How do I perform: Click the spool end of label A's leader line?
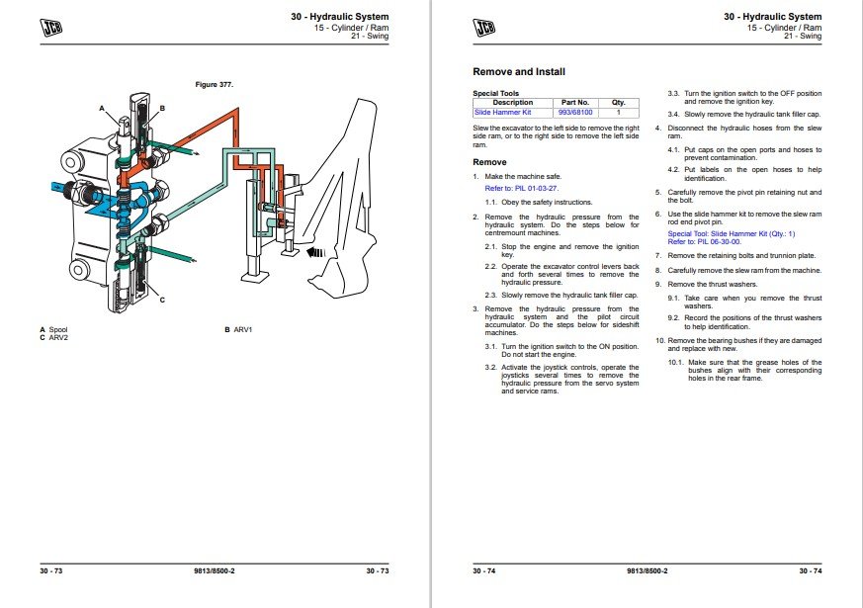click(120, 125)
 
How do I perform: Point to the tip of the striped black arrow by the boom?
click(306, 252)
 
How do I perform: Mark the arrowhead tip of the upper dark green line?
click(200, 154)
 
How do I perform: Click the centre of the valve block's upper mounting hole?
click(71, 162)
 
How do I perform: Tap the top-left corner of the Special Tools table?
click(473, 98)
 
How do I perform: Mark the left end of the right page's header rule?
click(473, 44)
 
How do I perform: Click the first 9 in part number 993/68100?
click(561, 113)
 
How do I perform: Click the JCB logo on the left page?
click(51, 27)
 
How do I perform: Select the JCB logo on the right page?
click(484, 27)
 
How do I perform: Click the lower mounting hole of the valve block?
click(78, 270)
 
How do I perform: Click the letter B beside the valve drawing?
click(162, 109)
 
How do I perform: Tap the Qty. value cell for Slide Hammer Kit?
click(618, 113)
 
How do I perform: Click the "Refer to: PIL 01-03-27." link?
click(522, 188)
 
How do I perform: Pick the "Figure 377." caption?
click(215, 85)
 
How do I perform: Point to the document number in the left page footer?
click(215, 571)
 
